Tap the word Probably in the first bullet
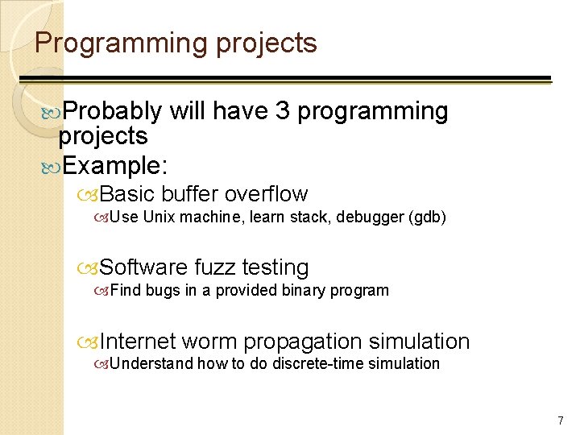click(112, 110)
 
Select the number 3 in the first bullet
click(282, 110)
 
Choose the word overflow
click(266, 194)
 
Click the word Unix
click(161, 217)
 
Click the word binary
click(305, 290)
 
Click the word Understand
click(151, 363)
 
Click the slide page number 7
click(561, 420)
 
